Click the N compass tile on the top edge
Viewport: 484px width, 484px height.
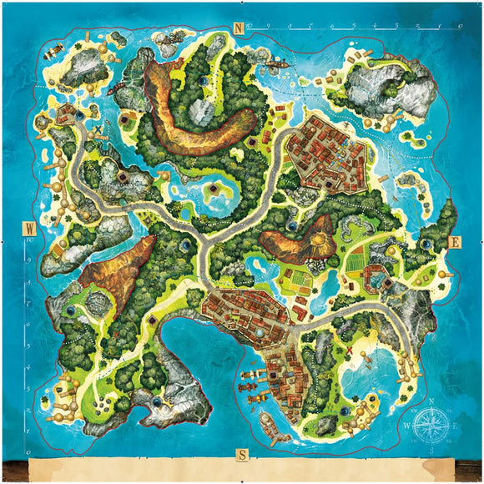coord(239,27)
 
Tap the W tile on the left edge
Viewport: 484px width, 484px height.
coord(28,228)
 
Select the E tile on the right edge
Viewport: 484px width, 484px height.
coord(456,242)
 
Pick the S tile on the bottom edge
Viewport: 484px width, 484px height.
coord(242,455)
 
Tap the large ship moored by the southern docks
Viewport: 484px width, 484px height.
coord(267,423)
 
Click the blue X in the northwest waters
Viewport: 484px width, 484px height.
coord(98,132)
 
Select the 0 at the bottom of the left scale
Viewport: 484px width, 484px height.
coord(30,431)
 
